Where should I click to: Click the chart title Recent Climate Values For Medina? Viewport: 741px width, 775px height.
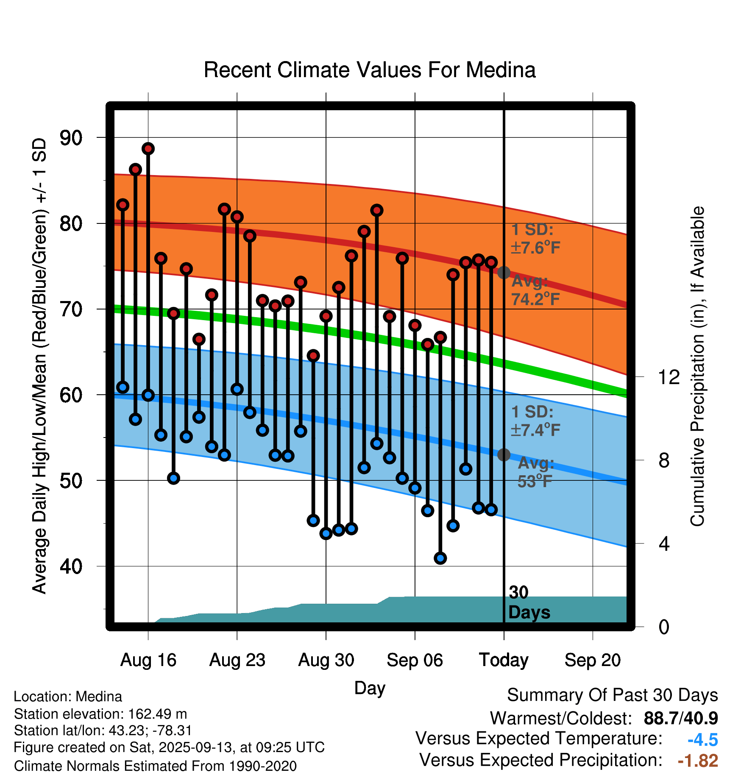[370, 70]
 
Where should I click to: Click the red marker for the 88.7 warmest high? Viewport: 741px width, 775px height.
[148, 148]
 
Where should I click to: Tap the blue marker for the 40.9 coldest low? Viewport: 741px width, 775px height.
[440, 558]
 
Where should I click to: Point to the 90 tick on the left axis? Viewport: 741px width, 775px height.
[71, 138]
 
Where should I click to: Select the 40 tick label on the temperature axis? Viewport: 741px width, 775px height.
[71, 566]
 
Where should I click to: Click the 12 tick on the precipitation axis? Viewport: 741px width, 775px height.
[669, 377]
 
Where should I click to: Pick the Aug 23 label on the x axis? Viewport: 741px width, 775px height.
[237, 660]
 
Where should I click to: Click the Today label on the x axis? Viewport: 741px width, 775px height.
[504, 660]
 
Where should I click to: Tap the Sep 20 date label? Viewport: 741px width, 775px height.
[592, 660]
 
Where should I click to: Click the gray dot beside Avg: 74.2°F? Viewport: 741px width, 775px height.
[504, 272]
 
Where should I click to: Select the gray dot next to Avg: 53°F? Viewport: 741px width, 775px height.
[504, 455]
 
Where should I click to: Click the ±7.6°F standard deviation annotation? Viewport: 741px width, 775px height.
[535, 247]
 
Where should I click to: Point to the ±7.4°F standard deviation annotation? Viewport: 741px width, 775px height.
[535, 430]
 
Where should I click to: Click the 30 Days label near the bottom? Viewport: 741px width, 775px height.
[529, 602]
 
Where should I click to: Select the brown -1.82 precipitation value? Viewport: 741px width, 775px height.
[698, 761]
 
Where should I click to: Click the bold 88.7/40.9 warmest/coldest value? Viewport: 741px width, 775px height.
[680, 718]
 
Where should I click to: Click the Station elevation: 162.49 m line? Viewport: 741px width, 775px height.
[100, 714]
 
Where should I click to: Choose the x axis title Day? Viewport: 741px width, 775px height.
[370, 688]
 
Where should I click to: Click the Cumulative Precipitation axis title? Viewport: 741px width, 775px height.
[697, 366]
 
